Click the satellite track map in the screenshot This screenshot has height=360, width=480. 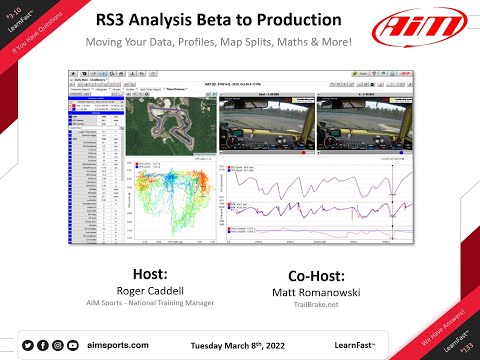tap(159, 136)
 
